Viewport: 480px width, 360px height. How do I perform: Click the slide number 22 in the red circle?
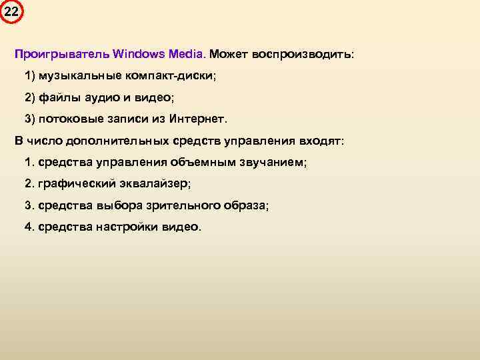click(11, 11)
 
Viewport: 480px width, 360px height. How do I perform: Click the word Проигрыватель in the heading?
click(62, 53)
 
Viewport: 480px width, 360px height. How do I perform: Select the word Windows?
click(138, 53)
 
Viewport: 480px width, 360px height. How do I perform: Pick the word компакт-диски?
click(177, 75)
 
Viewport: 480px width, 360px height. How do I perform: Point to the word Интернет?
click(199, 119)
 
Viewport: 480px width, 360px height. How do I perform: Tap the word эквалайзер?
click(155, 183)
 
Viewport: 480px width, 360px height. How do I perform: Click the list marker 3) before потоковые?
click(29, 119)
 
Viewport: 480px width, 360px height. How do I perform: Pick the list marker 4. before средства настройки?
click(29, 227)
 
